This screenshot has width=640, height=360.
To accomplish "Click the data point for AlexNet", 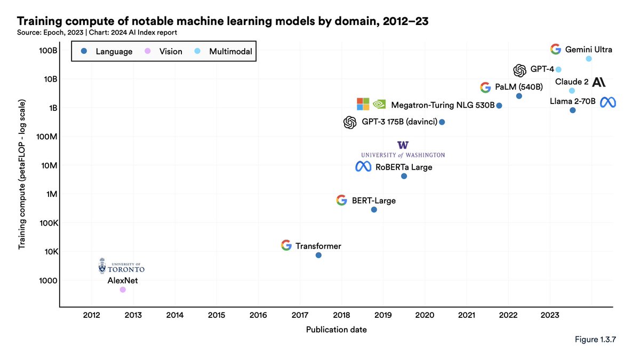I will point(123,290).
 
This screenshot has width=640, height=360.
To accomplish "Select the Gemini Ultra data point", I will point(589,59).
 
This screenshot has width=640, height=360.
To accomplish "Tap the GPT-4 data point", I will point(558,69).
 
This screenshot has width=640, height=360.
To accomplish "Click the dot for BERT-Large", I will point(374,210).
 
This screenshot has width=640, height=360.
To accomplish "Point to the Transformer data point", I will point(318,255).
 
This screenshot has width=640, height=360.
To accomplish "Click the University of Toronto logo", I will point(122,266).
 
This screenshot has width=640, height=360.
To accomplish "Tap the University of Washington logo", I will point(403,149).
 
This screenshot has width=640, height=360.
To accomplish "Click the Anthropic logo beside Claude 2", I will point(598,82).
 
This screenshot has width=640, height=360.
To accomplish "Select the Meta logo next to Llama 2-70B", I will point(608,102).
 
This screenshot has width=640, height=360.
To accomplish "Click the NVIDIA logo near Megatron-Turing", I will point(379,104).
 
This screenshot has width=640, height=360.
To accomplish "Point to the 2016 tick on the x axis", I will point(258,316).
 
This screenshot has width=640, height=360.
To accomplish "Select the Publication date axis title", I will point(336,330).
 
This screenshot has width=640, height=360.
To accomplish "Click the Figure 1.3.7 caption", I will point(595,340).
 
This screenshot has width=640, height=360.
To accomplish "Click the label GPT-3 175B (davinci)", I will point(398,122).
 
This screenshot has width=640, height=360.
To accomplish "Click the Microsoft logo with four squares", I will point(363,104).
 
